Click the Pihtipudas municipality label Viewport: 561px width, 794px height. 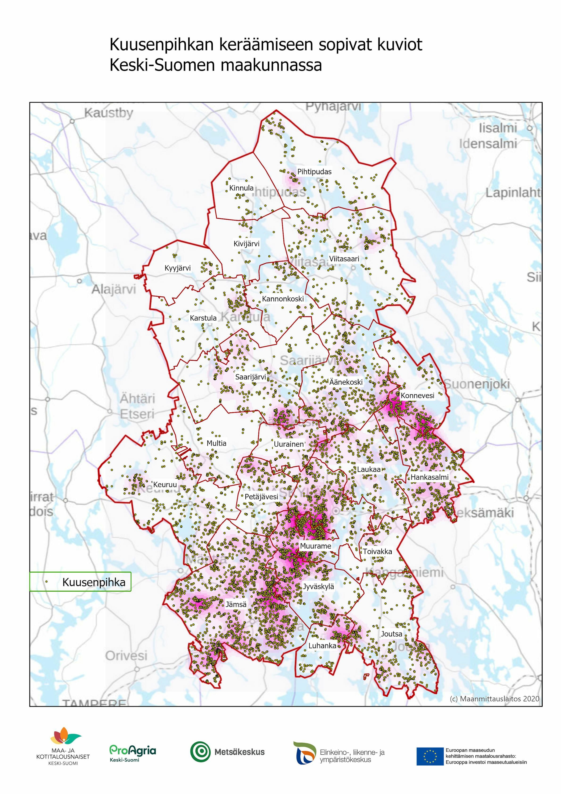[x=314, y=171]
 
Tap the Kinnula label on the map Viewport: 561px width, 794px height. [x=241, y=188]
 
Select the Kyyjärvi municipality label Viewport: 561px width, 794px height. [x=177, y=268]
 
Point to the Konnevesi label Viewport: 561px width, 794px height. [x=417, y=395]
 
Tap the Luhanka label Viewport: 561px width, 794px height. [x=322, y=646]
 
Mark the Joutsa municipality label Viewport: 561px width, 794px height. [x=391, y=634]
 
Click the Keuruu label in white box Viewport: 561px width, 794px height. [x=165, y=485]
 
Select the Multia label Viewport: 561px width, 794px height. [x=216, y=443]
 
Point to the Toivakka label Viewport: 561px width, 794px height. [x=377, y=551]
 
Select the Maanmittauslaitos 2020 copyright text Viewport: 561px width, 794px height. [x=494, y=698]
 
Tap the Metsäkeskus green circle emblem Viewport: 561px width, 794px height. [x=200, y=752]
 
